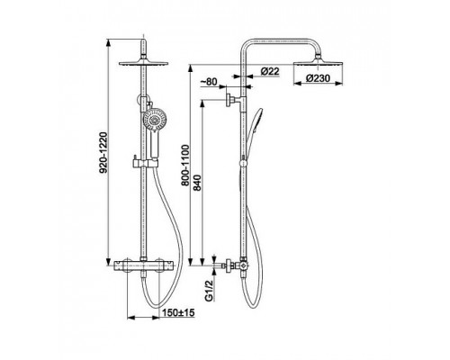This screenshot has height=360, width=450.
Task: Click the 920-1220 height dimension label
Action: pyautogui.click(x=103, y=153)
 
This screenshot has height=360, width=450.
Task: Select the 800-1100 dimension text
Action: pyautogui.click(x=185, y=166)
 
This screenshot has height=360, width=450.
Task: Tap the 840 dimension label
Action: pyautogui.click(x=197, y=183)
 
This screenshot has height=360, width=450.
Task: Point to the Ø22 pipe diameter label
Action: pyautogui.click(x=270, y=71)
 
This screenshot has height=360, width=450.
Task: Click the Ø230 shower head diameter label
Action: pyautogui.click(x=318, y=78)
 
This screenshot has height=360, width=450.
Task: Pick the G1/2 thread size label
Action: pyautogui.click(x=209, y=289)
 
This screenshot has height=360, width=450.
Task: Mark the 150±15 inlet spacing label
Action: pyautogui.click(x=178, y=313)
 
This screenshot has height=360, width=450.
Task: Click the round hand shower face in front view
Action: pyautogui.click(x=154, y=121)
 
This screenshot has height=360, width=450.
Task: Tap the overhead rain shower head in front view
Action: pyautogui.click(x=144, y=62)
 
